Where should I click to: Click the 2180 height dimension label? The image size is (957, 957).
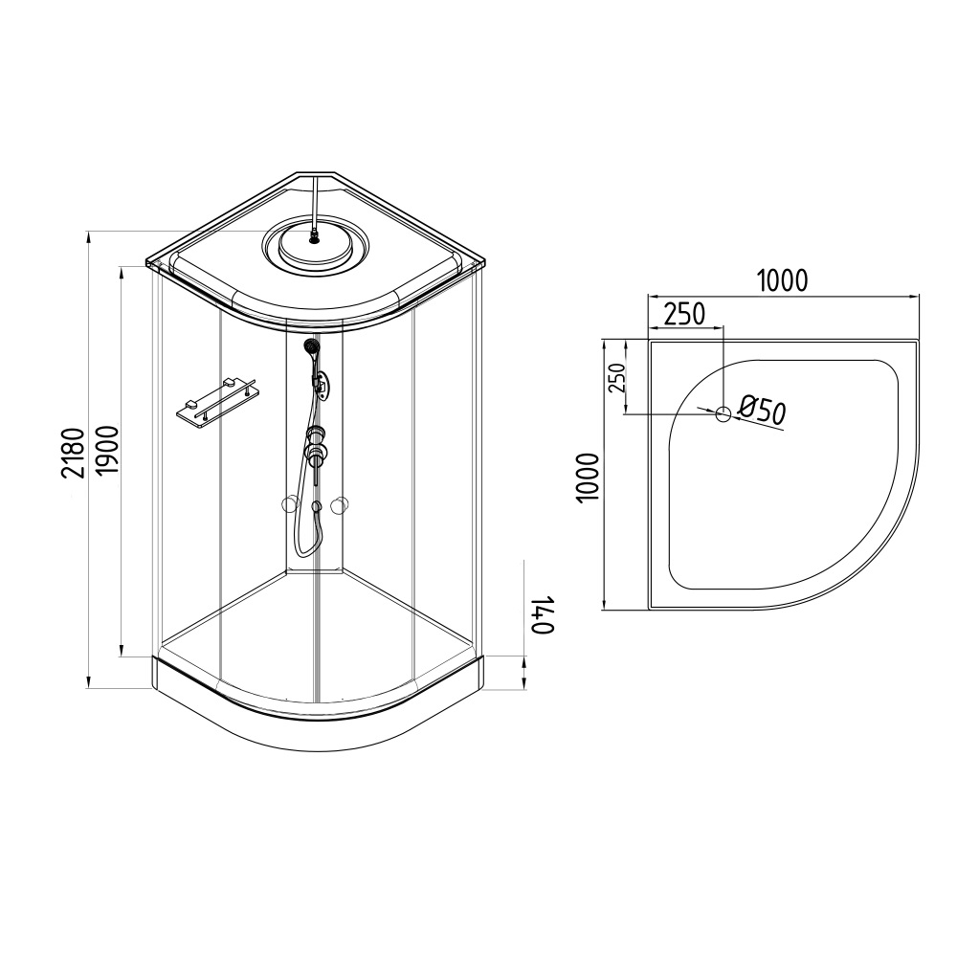coord(72,453)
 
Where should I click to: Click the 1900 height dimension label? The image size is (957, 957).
coord(106,453)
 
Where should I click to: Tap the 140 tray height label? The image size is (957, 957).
coord(543,615)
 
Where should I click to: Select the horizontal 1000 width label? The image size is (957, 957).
coord(782,280)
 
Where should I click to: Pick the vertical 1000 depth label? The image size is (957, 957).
coord(588,478)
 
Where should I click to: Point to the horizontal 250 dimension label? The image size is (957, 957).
coord(684,314)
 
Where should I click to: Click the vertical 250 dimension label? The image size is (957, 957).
coord(617,378)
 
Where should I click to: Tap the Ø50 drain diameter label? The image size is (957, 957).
coord(761,411)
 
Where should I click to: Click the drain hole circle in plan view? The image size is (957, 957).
coord(723,413)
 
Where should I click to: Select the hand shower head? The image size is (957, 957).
coord(311,347)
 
